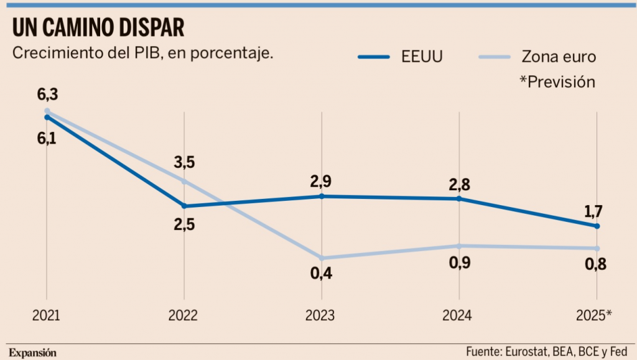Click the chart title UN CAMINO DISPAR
(x=98, y=28)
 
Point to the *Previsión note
(x=557, y=82)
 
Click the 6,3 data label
(x=47, y=95)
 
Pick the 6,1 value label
(x=47, y=139)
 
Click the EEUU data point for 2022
(x=184, y=206)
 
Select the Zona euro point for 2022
(x=184, y=181)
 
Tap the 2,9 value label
(x=322, y=182)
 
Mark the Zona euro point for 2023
(x=322, y=258)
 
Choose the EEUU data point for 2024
(x=459, y=199)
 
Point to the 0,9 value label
(x=459, y=262)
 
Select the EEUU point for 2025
(x=597, y=226)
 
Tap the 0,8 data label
(x=595, y=265)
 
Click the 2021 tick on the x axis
(x=47, y=316)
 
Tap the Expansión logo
(x=32, y=353)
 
